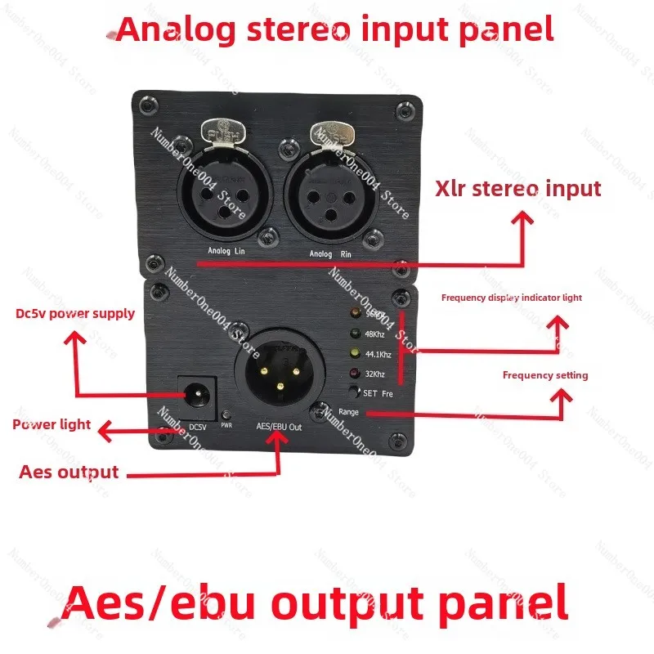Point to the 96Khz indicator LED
[355, 314]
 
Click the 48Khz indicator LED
[355, 333]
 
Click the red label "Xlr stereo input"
[519, 189]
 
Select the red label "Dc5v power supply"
[75, 313]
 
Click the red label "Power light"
[52, 424]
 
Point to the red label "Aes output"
[69, 472]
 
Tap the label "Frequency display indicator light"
[512, 298]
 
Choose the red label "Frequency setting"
[545, 375]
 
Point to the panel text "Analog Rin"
[332, 254]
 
